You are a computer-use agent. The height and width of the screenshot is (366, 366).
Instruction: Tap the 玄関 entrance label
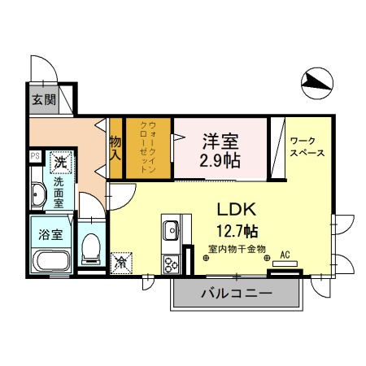click(43, 101)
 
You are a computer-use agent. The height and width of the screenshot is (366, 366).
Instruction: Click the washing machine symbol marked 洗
click(60, 162)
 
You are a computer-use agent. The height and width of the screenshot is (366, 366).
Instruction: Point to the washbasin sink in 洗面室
click(38, 195)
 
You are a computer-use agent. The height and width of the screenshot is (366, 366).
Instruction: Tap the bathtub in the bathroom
click(50, 262)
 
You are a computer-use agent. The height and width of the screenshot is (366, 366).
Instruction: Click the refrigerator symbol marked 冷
click(120, 262)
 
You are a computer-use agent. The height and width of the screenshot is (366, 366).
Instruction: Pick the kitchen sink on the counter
click(170, 231)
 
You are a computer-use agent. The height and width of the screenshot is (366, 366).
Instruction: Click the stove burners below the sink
click(172, 264)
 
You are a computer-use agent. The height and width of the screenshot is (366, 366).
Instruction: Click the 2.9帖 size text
click(220, 159)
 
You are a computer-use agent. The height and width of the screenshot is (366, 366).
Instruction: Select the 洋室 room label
click(220, 139)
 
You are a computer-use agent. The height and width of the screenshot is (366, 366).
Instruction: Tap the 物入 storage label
click(115, 147)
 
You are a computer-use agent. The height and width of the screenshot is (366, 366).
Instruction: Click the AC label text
click(285, 254)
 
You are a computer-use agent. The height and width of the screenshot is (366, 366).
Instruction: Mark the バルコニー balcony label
click(236, 293)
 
